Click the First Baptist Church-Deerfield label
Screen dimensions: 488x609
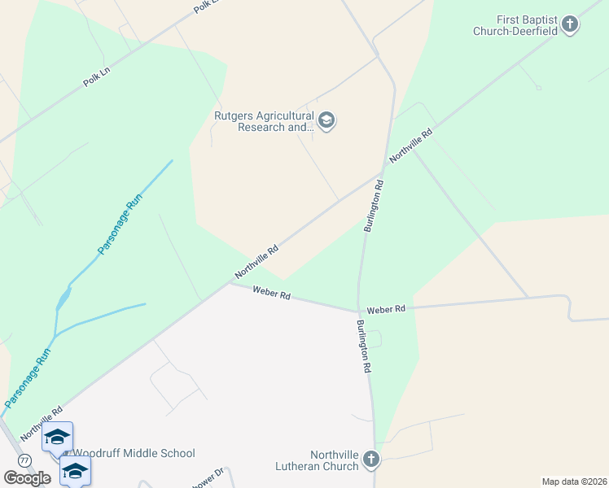[x=516, y=24]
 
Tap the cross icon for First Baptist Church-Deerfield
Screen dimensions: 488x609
[x=570, y=24]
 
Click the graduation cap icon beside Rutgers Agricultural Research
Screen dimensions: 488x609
[x=326, y=122]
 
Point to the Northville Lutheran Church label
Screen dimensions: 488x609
[x=334, y=460]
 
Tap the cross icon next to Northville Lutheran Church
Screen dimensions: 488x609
[x=370, y=460]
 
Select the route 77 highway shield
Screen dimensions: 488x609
[x=25, y=460]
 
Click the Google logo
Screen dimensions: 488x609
[x=27, y=478]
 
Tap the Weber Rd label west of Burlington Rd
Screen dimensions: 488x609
[x=271, y=293]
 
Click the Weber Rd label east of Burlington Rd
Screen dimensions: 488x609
[x=385, y=310]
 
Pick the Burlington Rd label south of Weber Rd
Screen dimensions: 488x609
[x=363, y=346]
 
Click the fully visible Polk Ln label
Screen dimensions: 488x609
[x=96, y=77]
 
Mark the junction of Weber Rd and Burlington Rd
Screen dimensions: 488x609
[x=358, y=310]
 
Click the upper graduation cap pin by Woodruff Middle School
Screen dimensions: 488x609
[x=58, y=438]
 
